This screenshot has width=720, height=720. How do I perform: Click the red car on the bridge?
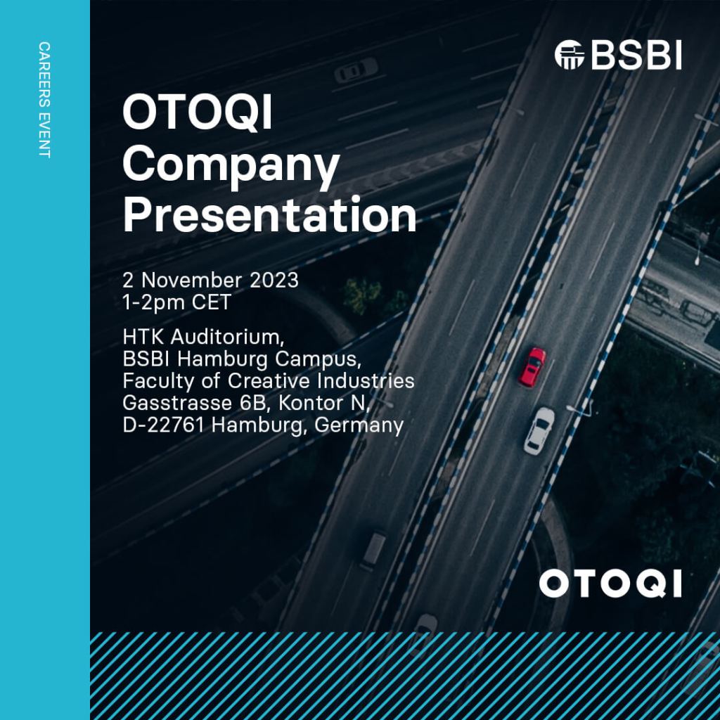tap(532, 367)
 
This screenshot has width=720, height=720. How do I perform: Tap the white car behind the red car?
tap(539, 431)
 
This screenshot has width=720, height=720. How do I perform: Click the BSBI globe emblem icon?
tap(570, 55)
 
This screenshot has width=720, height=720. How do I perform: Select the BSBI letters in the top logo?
tap(636, 55)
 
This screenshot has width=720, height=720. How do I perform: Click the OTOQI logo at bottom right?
tap(610, 584)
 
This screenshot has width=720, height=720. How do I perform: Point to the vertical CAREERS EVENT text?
tap(44, 100)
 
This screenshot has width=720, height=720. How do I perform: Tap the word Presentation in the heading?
tap(269, 215)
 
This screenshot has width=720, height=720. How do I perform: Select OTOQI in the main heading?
tap(198, 112)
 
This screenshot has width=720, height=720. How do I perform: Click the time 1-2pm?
tap(153, 302)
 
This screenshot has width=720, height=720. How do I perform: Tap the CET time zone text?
tap(211, 302)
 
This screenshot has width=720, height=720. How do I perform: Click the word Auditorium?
tap(228, 337)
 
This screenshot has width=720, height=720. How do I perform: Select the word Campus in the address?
tap(319, 359)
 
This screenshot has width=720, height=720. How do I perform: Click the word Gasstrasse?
tap(177, 403)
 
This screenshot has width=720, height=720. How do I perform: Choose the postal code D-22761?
tap(163, 425)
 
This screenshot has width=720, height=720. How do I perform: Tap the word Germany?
tap(359, 425)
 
